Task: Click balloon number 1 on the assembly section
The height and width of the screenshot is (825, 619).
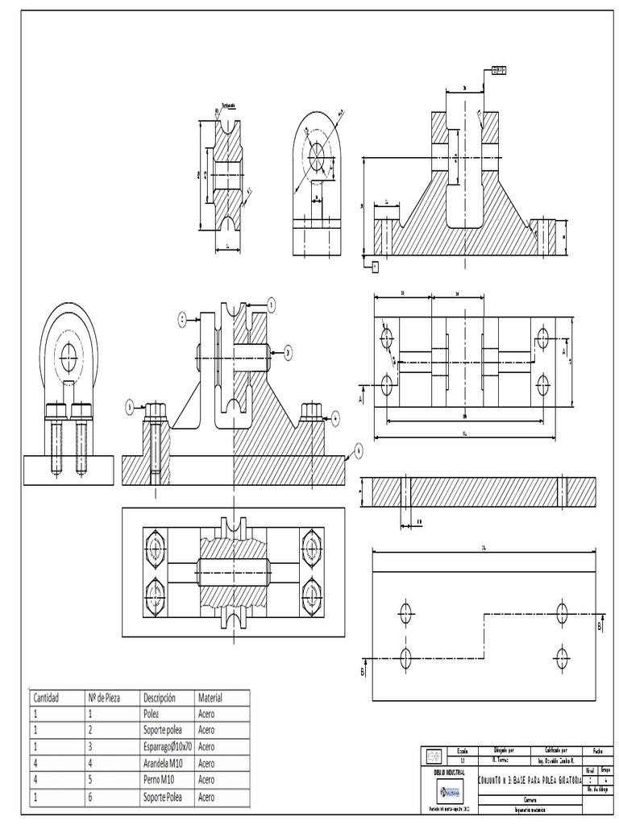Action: pyautogui.click(x=271, y=305)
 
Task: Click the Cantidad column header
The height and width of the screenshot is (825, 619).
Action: pyautogui.click(x=47, y=697)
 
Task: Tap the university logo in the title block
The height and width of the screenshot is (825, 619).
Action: pyautogui.click(x=449, y=792)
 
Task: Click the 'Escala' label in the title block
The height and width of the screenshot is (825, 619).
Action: pyautogui.click(x=462, y=750)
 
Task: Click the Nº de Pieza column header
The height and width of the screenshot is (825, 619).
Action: pyautogui.click(x=103, y=697)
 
